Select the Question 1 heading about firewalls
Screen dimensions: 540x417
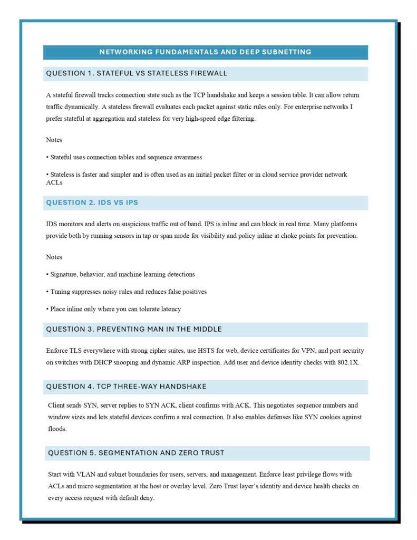point(137,73)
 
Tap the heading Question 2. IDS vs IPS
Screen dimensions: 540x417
point(92,202)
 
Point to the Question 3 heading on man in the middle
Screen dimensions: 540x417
point(134,329)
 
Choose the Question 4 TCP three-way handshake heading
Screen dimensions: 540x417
point(126,387)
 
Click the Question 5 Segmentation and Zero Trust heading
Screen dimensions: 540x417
point(136,453)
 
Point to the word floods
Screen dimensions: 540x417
point(57,429)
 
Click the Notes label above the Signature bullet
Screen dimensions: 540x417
point(54,257)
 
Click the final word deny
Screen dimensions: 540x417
point(147,498)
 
